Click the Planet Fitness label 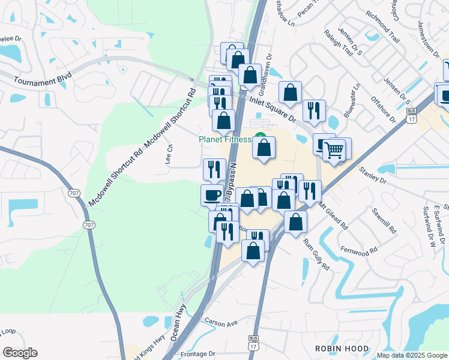pos(226,140)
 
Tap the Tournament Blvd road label pos(34,81)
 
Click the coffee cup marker pos(212,195)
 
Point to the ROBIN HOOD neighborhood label pos(340,347)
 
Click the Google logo pos(20,352)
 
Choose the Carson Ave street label pos(221,323)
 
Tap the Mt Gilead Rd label pos(333,216)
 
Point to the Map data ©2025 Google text pos(412,355)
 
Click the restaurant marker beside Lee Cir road pos(214,169)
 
